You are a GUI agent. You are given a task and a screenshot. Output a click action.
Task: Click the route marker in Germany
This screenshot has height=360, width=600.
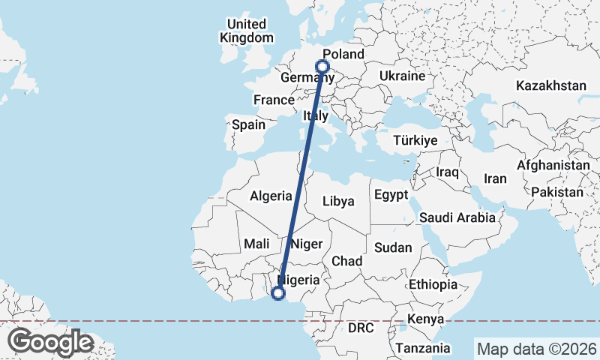coord(323,66)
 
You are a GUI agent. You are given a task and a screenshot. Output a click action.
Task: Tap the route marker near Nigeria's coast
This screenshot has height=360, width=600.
coord(278,293)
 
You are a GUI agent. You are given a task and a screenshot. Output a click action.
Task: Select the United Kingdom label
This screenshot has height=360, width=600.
coord(247,31)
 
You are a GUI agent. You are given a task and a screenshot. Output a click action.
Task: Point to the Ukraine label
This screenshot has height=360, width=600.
coord(402,76)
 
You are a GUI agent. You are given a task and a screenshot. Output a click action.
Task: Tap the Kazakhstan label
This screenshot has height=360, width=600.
coord(550,86)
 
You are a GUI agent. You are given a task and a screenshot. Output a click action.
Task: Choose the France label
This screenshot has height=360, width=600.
coord(273,100)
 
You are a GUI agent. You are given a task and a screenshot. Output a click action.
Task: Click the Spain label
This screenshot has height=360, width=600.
coord(248,124)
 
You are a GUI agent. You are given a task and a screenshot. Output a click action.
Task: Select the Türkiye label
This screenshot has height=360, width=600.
coord(415,140)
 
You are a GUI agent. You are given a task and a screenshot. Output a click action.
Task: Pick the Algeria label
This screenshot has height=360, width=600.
coord(271,196)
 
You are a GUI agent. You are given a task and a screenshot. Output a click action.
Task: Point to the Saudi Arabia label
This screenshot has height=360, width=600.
coord(457,217)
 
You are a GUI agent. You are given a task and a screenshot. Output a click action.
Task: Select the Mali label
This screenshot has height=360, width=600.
coord(256,244)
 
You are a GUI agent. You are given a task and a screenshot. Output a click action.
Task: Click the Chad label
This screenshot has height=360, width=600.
coord(347,261)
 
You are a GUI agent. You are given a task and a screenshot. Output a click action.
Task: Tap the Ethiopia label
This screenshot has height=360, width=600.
coord(433,284)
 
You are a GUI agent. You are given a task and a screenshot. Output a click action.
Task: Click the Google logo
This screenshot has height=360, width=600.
coord(50,342)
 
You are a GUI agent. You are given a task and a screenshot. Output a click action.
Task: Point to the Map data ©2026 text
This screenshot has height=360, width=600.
coord(536,349)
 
